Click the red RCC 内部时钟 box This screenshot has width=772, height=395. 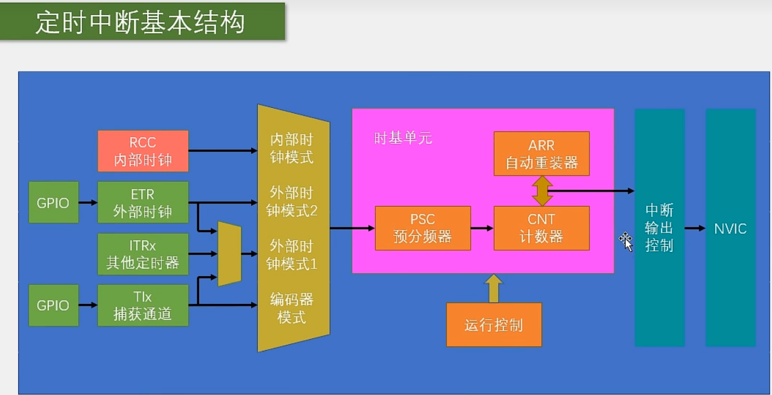[143, 151]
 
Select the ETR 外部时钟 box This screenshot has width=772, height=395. [143, 202]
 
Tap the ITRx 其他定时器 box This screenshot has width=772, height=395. [143, 254]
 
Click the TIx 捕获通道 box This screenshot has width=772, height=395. [143, 305]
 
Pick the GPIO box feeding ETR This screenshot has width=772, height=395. [53, 202]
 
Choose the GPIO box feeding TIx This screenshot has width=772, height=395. [53, 305]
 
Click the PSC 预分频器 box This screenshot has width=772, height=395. [423, 228]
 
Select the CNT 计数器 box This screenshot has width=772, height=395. [541, 228]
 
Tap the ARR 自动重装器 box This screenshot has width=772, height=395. [541, 154]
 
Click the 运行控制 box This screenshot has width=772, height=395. [494, 325]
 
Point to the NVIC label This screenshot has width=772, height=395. [730, 228]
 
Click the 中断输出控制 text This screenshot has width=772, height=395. [659, 228]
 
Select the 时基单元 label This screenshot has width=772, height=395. [403, 138]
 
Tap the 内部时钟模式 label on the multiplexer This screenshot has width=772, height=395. [292, 149]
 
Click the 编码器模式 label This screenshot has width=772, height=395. [292, 308]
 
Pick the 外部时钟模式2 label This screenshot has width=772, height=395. [292, 202]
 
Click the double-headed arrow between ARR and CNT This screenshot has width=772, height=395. [542, 191]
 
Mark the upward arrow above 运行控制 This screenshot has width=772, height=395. [494, 288]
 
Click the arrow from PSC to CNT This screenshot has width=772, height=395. [482, 228]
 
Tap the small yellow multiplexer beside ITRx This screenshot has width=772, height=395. [229, 254]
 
